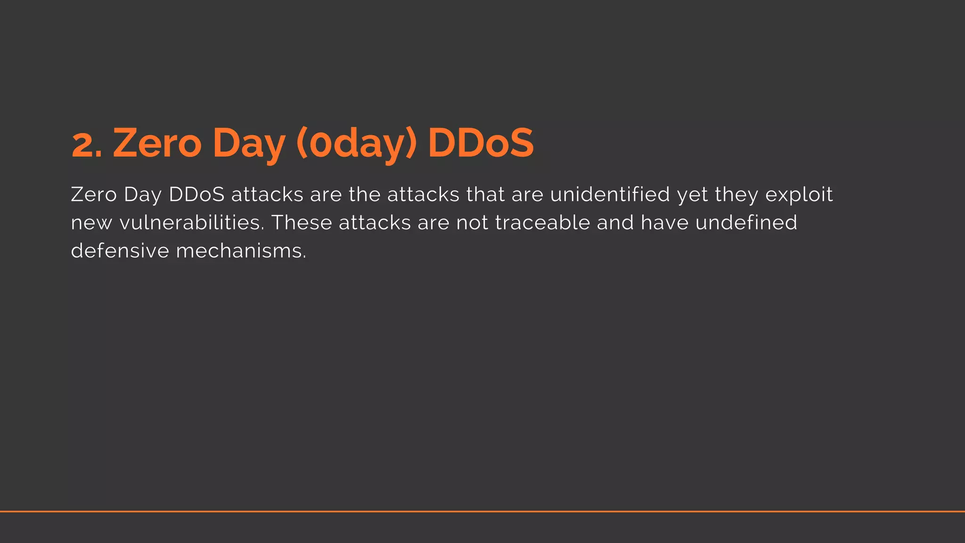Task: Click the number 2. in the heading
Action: click(x=87, y=144)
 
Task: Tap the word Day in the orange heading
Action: click(x=249, y=144)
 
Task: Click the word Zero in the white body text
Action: click(x=94, y=195)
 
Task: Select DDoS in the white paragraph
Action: click(x=196, y=195)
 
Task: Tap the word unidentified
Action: click(x=610, y=195)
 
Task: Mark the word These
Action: click(x=302, y=222)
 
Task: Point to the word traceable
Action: click(x=542, y=222)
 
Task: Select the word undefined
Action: click(x=746, y=222)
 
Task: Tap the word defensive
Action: click(x=120, y=250)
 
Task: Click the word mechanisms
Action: click(x=241, y=250)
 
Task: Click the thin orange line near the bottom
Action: click(x=482, y=511)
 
